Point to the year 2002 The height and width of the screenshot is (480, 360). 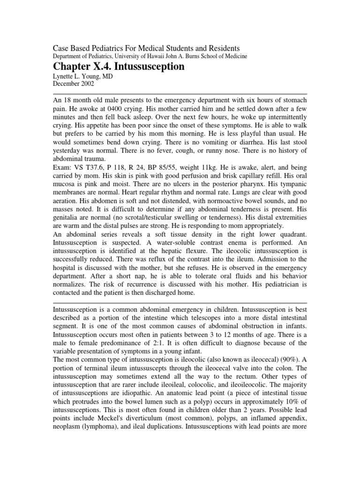click(x=86, y=84)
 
